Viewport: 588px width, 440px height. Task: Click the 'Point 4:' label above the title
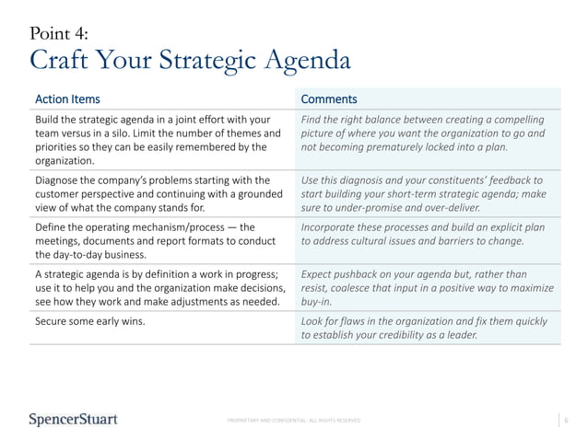pyautogui.click(x=59, y=34)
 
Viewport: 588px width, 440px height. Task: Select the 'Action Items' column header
pyautogui.click(x=67, y=98)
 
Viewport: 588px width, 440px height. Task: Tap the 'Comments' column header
pyautogui.click(x=329, y=98)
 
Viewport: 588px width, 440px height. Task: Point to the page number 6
pyautogui.click(x=566, y=421)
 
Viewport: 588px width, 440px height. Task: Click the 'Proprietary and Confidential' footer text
pyautogui.click(x=294, y=421)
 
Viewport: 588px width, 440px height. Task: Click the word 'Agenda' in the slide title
pyautogui.click(x=307, y=61)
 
